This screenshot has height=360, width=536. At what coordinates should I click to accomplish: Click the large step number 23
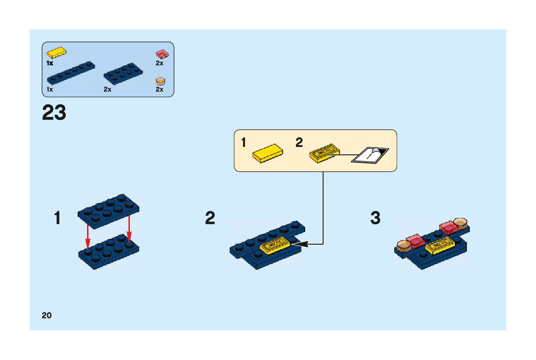[x=54, y=113]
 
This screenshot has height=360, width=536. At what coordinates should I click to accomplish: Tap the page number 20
[x=47, y=315]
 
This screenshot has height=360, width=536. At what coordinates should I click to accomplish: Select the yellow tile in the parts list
[x=56, y=53]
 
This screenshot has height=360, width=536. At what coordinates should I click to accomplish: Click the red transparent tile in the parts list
[x=161, y=54]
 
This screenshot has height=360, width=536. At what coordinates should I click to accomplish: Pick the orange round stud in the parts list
[x=160, y=81]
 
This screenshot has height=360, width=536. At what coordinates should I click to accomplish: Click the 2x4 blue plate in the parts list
[x=123, y=73]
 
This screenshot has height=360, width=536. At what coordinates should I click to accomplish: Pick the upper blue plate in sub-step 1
[x=109, y=210]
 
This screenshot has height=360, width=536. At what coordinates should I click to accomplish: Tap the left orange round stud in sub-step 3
[x=403, y=246]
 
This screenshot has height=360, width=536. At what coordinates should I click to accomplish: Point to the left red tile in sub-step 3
[x=415, y=240]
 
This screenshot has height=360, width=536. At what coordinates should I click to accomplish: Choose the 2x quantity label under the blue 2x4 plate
[x=107, y=89]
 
